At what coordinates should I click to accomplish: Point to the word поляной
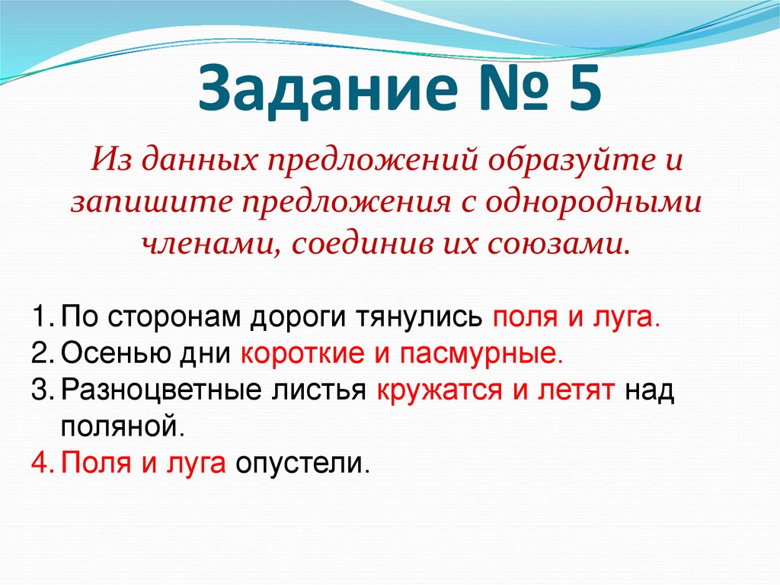(122, 426)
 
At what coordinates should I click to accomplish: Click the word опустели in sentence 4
(302, 462)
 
